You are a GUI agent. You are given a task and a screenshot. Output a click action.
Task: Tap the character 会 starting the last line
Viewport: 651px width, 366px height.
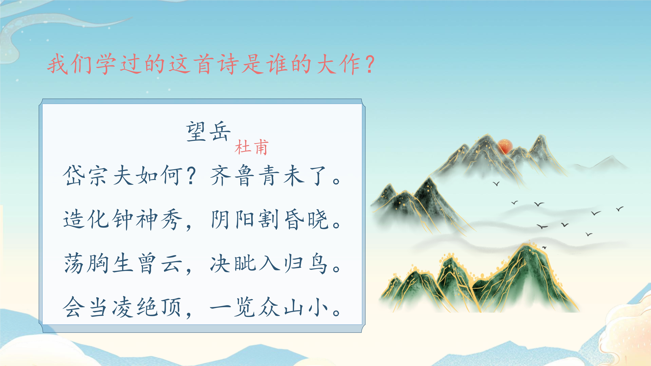point(73,307)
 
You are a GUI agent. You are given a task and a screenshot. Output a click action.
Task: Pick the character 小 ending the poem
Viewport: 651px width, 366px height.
point(318,307)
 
